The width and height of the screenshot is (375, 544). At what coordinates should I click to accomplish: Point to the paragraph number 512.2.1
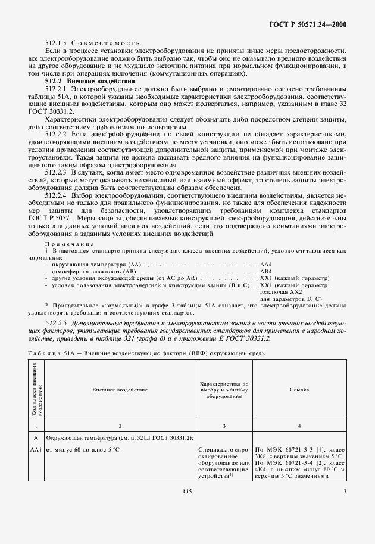click(x=57, y=88)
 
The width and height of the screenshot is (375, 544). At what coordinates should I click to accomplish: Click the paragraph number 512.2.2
click(x=57, y=135)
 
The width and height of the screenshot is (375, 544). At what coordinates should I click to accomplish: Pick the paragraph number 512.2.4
click(x=57, y=195)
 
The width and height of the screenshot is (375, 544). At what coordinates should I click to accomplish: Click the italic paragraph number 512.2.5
click(x=58, y=322)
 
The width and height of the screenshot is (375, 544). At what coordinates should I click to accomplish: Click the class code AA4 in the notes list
click(x=266, y=263)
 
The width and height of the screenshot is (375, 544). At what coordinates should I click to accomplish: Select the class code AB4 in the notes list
click(x=266, y=270)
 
